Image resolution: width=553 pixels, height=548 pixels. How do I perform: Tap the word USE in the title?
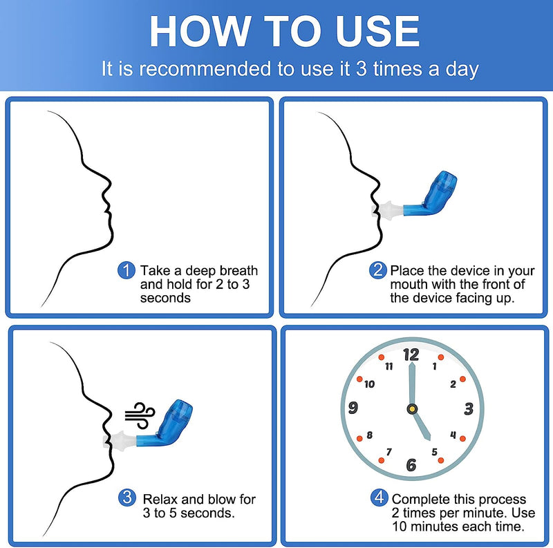pyautogui.click(x=377, y=31)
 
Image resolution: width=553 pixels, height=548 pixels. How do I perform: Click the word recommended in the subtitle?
pyautogui.click(x=205, y=68)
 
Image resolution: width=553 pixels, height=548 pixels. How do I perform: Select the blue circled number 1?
pyautogui.click(x=126, y=270)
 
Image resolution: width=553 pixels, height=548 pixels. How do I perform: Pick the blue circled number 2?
pyautogui.click(x=377, y=270)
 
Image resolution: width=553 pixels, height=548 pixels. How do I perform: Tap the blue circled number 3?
pyautogui.click(x=127, y=498)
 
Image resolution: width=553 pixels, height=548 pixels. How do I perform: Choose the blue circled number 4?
pyautogui.click(x=379, y=498)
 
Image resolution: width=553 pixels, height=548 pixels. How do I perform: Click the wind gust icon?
pyautogui.click(x=140, y=415)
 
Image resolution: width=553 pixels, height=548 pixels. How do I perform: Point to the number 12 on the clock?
pyautogui.click(x=411, y=355)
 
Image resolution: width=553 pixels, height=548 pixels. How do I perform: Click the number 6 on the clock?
pyautogui.click(x=411, y=465)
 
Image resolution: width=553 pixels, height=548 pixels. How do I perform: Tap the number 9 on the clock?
pyautogui.click(x=353, y=408)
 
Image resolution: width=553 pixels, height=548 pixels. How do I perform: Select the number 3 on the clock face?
pyautogui.click(x=469, y=408)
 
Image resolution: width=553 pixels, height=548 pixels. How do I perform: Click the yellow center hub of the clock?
pyautogui.click(x=412, y=409)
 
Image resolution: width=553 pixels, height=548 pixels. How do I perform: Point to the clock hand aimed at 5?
pyautogui.click(x=422, y=425)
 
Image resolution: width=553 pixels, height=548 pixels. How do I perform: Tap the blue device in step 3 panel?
pyautogui.click(x=165, y=424)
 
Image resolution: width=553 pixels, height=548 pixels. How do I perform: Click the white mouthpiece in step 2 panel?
pyautogui.click(x=387, y=211)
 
